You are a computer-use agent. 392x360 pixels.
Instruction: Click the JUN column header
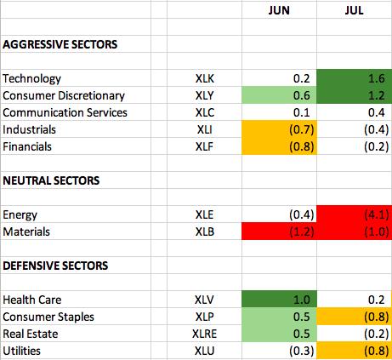click(x=279, y=10)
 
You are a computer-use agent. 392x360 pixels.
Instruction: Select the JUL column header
click(x=354, y=10)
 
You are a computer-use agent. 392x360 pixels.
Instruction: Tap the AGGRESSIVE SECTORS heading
click(x=60, y=44)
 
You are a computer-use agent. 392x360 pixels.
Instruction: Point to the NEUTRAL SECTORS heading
click(x=51, y=180)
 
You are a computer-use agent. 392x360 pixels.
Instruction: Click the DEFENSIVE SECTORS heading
click(x=55, y=266)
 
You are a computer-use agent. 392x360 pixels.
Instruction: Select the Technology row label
click(x=31, y=79)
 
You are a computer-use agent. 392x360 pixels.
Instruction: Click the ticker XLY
click(x=204, y=95)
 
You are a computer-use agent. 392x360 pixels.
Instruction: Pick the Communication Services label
click(x=65, y=112)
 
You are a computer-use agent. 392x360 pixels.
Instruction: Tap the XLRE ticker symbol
click(x=204, y=334)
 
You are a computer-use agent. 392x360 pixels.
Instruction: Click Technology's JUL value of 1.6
click(x=377, y=78)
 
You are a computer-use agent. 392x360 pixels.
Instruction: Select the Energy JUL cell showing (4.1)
click(x=377, y=214)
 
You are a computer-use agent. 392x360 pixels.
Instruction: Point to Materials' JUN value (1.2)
click(x=302, y=231)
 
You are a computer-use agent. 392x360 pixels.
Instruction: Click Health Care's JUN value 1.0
click(x=302, y=300)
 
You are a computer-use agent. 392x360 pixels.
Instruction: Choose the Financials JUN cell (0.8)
click(x=302, y=146)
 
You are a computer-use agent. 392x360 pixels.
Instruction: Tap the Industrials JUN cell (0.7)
click(x=302, y=129)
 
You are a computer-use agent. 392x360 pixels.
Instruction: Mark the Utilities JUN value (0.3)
click(x=302, y=351)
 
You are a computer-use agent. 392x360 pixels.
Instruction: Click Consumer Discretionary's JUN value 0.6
click(x=302, y=95)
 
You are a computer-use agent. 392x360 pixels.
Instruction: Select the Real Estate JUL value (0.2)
click(x=377, y=334)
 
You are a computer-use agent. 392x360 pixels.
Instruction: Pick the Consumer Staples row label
click(x=48, y=317)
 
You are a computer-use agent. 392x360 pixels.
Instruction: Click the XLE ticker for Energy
click(x=204, y=214)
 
